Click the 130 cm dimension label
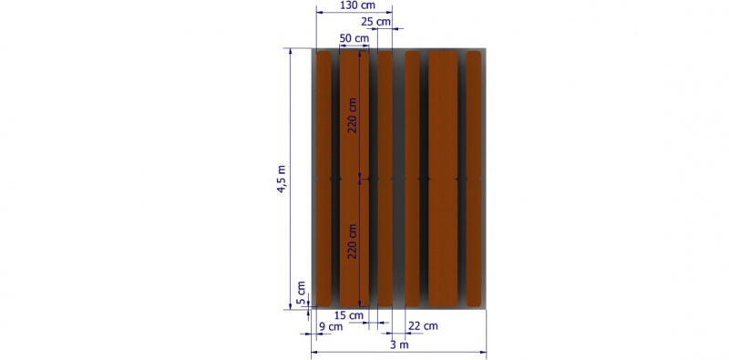click(358, 6)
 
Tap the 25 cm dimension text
click(375, 22)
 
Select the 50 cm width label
click(354, 38)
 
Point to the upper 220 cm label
click(354, 116)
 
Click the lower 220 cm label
click(354, 242)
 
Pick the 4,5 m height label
click(282, 179)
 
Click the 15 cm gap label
click(348, 315)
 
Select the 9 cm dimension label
click(331, 326)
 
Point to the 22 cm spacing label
click(423, 326)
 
